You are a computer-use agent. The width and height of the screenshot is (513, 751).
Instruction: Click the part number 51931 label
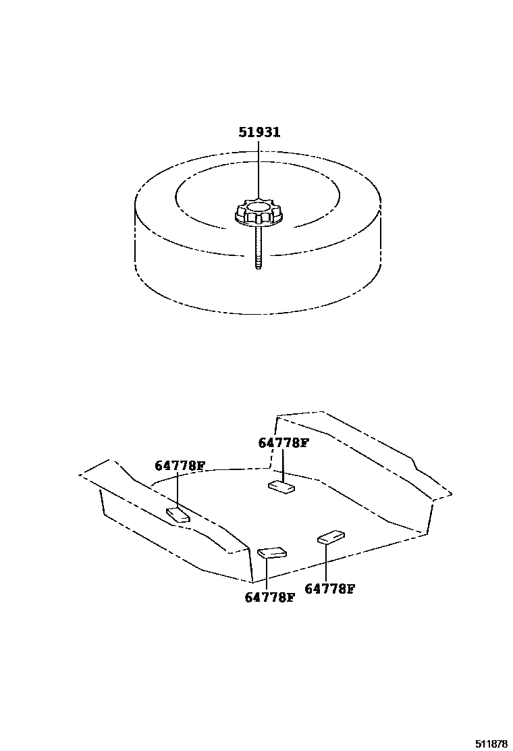259,132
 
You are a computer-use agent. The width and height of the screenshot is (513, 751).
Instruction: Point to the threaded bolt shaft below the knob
259,247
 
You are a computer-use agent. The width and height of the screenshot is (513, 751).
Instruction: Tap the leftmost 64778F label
180,465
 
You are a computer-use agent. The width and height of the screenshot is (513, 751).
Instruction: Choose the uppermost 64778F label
283,443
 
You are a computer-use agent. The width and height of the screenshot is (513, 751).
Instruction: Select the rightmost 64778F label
329,588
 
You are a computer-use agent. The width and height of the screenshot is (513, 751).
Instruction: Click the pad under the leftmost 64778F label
178,515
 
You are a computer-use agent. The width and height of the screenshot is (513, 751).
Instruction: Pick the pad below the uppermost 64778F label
281,487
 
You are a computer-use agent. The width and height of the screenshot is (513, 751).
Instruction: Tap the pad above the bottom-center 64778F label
272,553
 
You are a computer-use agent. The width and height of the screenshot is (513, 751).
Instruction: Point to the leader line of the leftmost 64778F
178,490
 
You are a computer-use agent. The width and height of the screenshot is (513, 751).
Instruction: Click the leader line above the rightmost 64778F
327,561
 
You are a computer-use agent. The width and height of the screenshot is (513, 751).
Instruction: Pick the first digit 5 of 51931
242,132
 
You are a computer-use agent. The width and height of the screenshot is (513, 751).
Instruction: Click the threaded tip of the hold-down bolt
259,262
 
